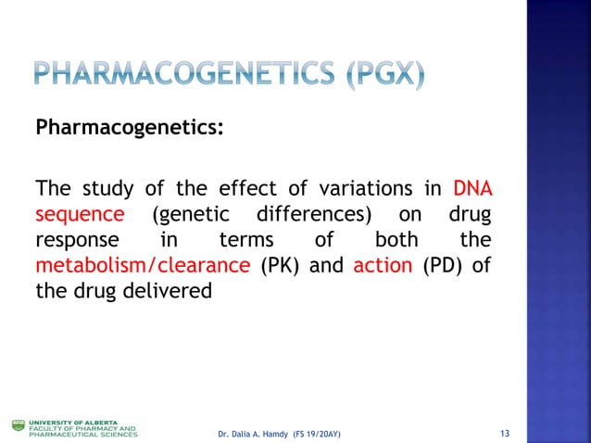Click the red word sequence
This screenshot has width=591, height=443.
pos(79,216)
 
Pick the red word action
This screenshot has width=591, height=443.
pos(383,265)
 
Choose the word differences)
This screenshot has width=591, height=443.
pos(315,216)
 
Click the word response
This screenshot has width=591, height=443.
pos(73,241)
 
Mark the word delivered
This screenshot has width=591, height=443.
pos(175,290)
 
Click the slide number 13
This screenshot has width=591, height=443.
pos(505,434)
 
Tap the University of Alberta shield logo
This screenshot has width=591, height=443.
pos(18,425)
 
